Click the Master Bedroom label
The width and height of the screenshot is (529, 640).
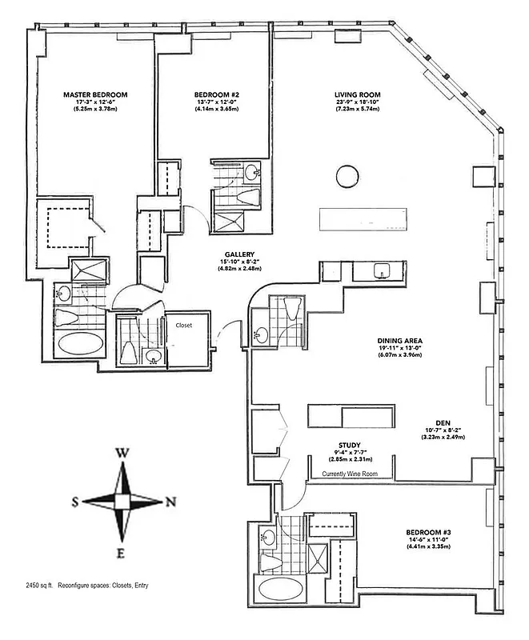tap(95, 94)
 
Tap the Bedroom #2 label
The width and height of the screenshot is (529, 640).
tap(217, 94)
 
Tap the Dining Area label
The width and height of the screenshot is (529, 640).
tap(400, 341)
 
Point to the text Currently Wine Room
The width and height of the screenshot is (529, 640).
tap(350, 474)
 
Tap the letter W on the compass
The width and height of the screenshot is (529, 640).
tap(122, 453)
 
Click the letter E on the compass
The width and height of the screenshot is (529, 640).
tap(122, 553)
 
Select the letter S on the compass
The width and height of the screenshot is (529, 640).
tap(75, 502)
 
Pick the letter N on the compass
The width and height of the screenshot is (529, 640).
tap(170, 502)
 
